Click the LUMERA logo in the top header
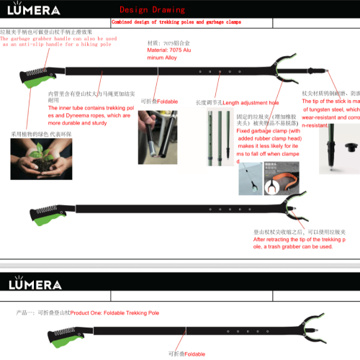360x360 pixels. point(35,11)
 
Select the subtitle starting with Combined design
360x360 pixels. point(176,22)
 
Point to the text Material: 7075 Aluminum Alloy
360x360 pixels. point(171,53)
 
